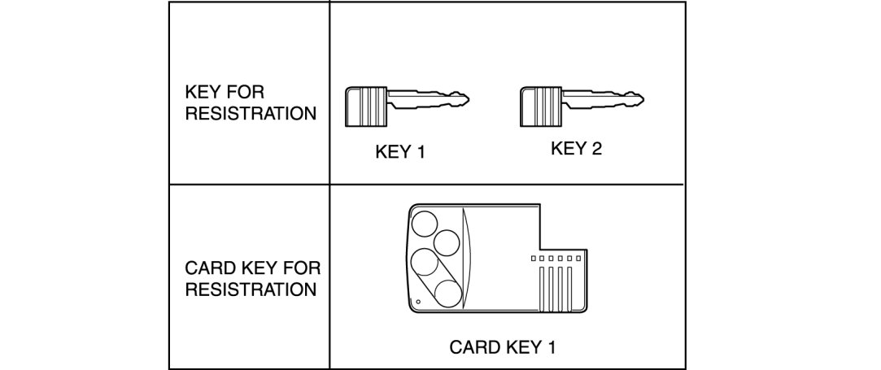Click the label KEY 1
point(400,153)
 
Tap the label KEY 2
point(576,149)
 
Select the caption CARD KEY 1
point(502,347)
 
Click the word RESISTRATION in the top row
point(251,113)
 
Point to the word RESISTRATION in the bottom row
point(251,289)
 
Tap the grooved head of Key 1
point(367,106)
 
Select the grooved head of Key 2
point(541,106)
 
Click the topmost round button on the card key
point(424,222)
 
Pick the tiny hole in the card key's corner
point(417,303)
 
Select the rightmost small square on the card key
point(578,258)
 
